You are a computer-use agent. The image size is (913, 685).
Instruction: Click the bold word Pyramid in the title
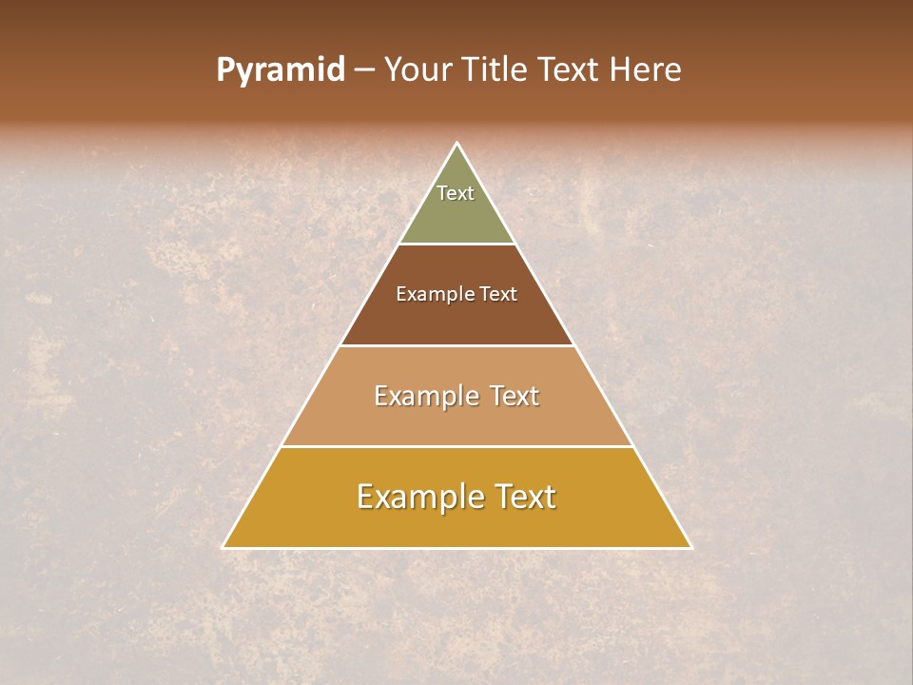(x=280, y=70)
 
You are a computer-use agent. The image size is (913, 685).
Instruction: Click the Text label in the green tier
(x=456, y=193)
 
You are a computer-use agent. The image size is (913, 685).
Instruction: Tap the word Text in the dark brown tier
(x=498, y=294)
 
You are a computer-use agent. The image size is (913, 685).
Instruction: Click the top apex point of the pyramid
(x=456, y=144)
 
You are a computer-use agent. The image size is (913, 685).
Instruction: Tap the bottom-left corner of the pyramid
(x=223, y=547)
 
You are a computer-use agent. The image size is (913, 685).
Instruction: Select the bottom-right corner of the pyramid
(x=691, y=547)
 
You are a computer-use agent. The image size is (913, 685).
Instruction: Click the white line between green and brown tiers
(x=456, y=244)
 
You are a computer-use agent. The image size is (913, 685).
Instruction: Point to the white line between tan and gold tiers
(x=456, y=446)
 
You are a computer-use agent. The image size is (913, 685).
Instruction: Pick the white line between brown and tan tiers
(x=456, y=345)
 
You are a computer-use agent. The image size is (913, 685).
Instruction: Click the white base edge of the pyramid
(x=456, y=548)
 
